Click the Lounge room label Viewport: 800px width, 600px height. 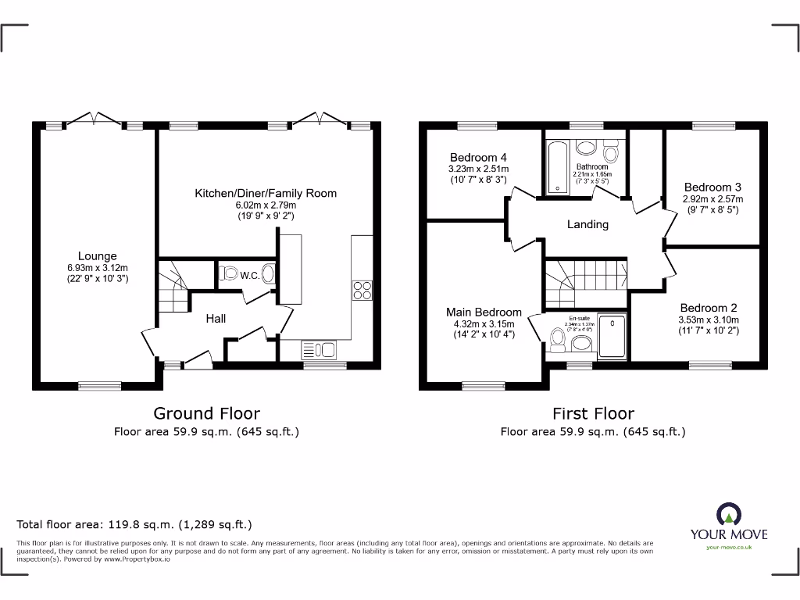[x=97, y=255]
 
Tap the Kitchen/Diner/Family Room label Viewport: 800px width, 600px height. [x=266, y=193]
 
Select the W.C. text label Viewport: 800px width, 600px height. [x=250, y=275]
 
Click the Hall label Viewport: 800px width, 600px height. [x=216, y=319]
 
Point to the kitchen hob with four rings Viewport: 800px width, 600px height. [x=362, y=290]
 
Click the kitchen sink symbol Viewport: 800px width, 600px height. [x=318, y=349]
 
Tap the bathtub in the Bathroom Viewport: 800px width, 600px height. [x=555, y=166]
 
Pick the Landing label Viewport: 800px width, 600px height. [x=587, y=224]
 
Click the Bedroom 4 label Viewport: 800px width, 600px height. [x=478, y=157]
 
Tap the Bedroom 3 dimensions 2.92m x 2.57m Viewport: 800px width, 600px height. [x=712, y=198]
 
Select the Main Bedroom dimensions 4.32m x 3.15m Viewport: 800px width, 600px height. [x=484, y=324]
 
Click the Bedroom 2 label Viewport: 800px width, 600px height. [x=708, y=308]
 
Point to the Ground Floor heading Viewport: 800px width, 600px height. [x=206, y=413]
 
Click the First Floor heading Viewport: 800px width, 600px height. [x=593, y=413]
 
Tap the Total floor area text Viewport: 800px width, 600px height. [x=134, y=525]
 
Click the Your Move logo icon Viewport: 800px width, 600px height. [x=728, y=513]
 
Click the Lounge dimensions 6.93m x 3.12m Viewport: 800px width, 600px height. [x=97, y=267]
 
